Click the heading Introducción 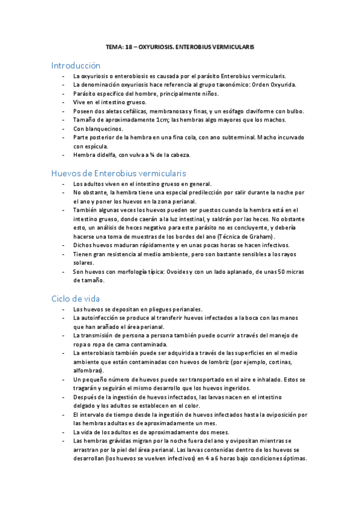tap(76, 65)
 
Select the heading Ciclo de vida tap(76, 298)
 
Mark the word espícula tap(96, 146)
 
